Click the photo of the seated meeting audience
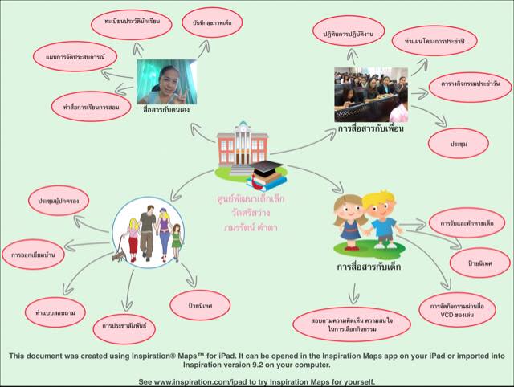pyautogui.click(x=371, y=94)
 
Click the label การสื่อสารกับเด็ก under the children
pyautogui.click(x=369, y=267)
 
